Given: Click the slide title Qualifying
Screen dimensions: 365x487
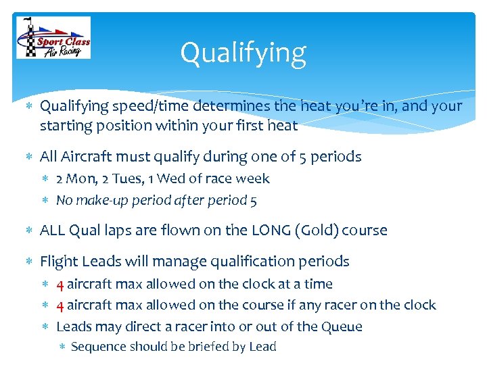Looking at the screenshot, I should pyautogui.click(x=243, y=53).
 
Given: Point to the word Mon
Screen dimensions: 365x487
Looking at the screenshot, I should pyautogui.click(x=80, y=179).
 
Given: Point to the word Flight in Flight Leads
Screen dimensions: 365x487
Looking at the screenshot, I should pyautogui.click(x=60, y=262).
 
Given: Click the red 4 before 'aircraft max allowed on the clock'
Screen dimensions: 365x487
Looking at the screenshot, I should pyautogui.click(x=60, y=285).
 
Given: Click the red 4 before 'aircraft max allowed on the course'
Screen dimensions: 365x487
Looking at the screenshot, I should pyautogui.click(x=60, y=306).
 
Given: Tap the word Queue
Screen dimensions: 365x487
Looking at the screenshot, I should pyautogui.click(x=341, y=327).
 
